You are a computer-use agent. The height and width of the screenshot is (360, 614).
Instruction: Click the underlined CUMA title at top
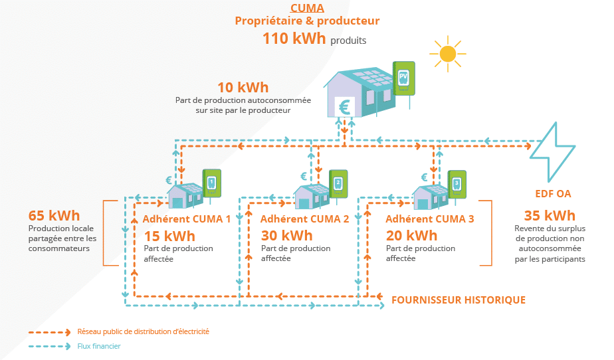pyautogui.click(x=307, y=8)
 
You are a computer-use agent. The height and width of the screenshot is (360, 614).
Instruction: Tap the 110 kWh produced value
pyautogui.click(x=295, y=39)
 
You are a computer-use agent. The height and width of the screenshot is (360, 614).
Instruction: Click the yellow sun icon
pyautogui.click(x=448, y=54)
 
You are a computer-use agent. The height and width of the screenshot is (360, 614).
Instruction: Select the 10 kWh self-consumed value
pyautogui.click(x=243, y=88)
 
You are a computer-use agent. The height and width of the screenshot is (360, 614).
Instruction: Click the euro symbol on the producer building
pyautogui.click(x=345, y=106)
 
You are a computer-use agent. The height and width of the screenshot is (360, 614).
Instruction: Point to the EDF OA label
pyautogui.click(x=553, y=195)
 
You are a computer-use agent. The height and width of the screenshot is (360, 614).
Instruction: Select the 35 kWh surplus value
pyautogui.click(x=550, y=215)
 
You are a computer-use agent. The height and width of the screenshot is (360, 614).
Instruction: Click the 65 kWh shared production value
pyautogui.click(x=54, y=215)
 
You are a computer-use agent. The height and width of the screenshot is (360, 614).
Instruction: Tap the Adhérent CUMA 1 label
pyautogui.click(x=187, y=219)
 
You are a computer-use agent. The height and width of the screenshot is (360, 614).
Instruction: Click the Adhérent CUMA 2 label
pyautogui.click(x=304, y=219)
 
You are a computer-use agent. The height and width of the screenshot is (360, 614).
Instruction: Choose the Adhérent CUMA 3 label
pyautogui.click(x=430, y=219)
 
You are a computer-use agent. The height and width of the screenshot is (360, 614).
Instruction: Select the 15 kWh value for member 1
pyautogui.click(x=169, y=236)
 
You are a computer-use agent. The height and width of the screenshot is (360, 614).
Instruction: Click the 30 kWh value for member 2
pyautogui.click(x=286, y=236)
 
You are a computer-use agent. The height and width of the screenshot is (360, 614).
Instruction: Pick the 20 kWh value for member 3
pyautogui.click(x=411, y=236)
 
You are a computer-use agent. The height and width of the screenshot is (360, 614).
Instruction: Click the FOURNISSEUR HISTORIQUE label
pyautogui.click(x=459, y=300)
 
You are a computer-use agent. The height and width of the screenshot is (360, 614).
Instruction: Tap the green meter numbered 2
pyautogui.click(x=338, y=183)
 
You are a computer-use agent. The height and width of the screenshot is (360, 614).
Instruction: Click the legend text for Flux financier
pyautogui.click(x=99, y=346)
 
